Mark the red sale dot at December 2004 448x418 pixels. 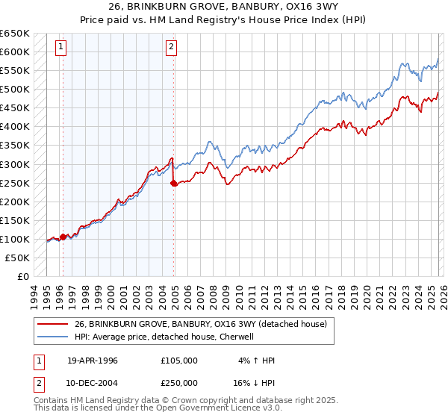pyautogui.click(x=174, y=183)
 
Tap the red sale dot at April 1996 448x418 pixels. pyautogui.click(x=63, y=237)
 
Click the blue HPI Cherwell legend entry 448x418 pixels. pyautogui.click(x=164, y=337)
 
